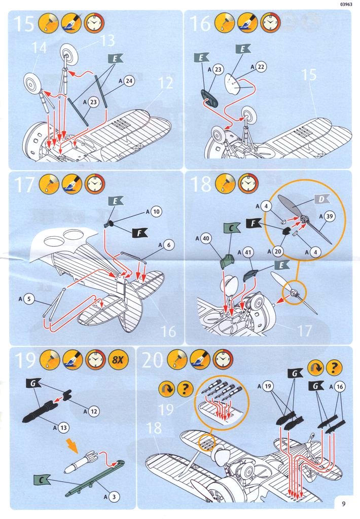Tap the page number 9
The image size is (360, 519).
[344, 504]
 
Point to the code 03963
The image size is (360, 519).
[345, 6]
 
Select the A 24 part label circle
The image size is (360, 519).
[128, 81]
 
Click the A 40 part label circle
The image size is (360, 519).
[206, 237]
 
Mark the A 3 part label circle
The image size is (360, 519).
[115, 495]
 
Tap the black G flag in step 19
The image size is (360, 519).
[32, 384]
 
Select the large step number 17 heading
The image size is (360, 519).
[25, 185]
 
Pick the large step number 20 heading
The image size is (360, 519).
[152, 361]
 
